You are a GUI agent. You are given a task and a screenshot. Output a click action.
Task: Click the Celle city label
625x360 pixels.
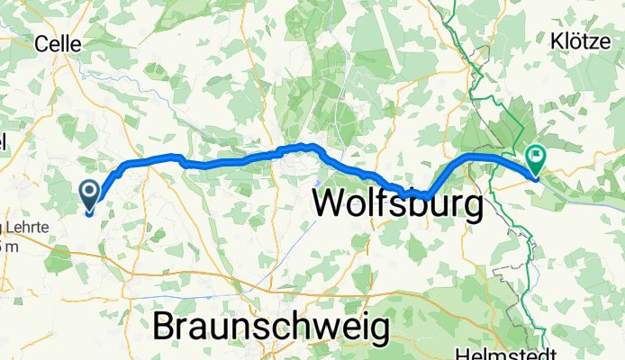tap(58, 43)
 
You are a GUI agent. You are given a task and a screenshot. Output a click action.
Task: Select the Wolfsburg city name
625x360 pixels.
tap(398, 205)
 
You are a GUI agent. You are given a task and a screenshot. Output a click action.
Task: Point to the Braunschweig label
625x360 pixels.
tap(271, 326)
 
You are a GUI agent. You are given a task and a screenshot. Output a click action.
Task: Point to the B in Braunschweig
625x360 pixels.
tap(165, 325)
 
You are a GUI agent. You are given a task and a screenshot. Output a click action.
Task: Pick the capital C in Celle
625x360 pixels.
tap(41, 43)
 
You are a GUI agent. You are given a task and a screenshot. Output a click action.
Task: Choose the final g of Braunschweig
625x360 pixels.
tap(379, 329)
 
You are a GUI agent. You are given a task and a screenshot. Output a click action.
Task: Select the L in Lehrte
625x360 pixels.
tap(6, 224)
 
